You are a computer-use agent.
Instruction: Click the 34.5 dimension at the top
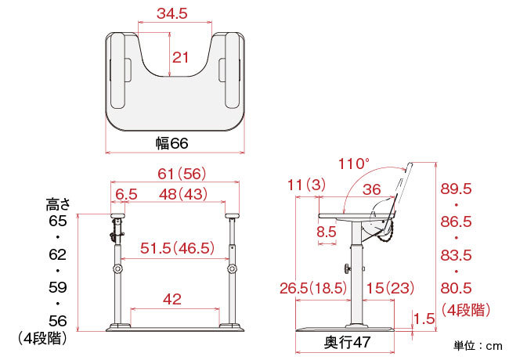(x=172, y=13)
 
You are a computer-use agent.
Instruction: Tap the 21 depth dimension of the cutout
(x=180, y=58)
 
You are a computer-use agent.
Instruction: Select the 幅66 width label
(x=172, y=143)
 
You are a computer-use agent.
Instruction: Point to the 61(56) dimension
(x=182, y=174)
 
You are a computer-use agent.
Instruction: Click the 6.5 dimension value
(x=126, y=194)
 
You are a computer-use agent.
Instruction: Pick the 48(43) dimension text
(x=183, y=194)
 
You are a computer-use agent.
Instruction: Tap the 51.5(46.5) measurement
(x=177, y=248)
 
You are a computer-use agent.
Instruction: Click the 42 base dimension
(x=172, y=299)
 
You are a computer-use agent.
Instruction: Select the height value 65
(x=58, y=221)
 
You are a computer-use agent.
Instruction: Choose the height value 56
(x=58, y=321)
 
